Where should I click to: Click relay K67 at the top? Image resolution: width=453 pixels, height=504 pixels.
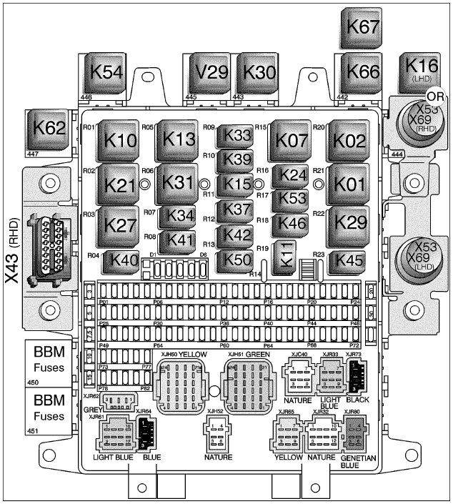click(x=364, y=26)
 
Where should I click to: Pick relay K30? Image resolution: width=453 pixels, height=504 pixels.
click(x=259, y=73)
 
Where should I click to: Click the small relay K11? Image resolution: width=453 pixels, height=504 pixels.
click(x=287, y=260)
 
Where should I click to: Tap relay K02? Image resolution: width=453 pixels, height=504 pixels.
click(x=350, y=140)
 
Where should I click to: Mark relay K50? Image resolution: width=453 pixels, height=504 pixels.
click(x=234, y=260)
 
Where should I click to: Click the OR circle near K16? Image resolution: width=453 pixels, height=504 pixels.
click(x=434, y=97)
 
